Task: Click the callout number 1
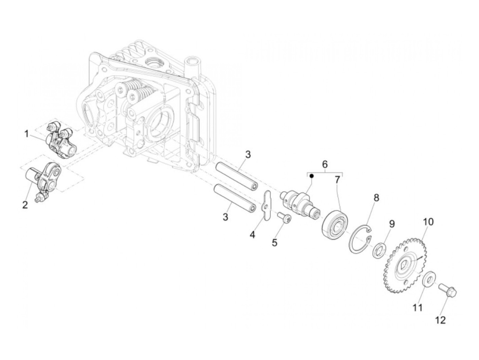[x=26, y=134]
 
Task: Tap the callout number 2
[x=25, y=205]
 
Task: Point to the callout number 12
[x=440, y=320]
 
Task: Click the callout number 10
[x=428, y=222]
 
